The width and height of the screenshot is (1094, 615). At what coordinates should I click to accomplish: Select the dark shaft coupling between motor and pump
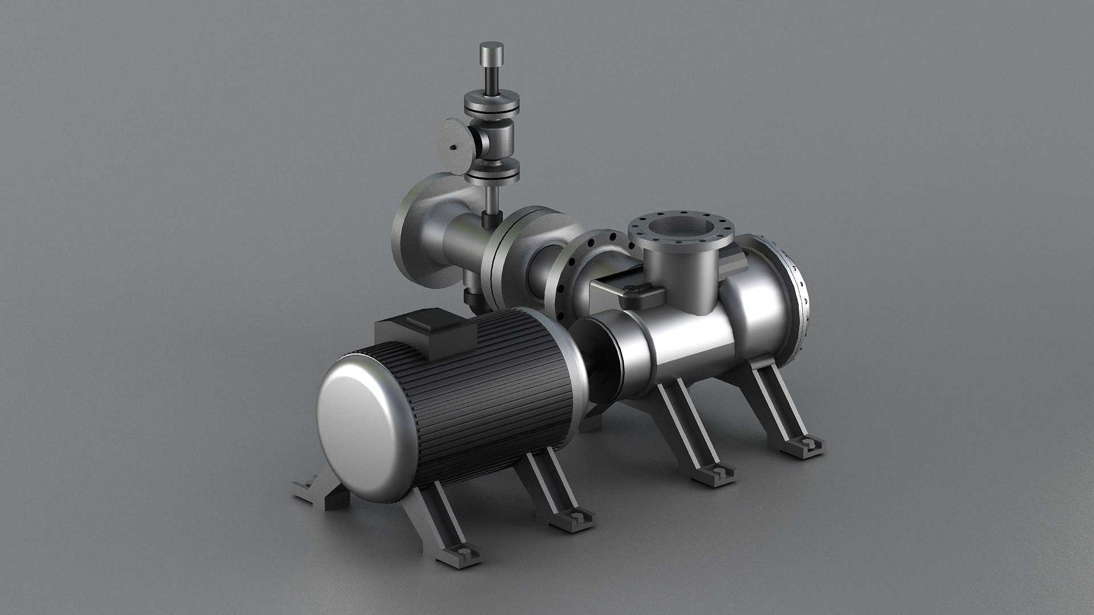tap(604, 364)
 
